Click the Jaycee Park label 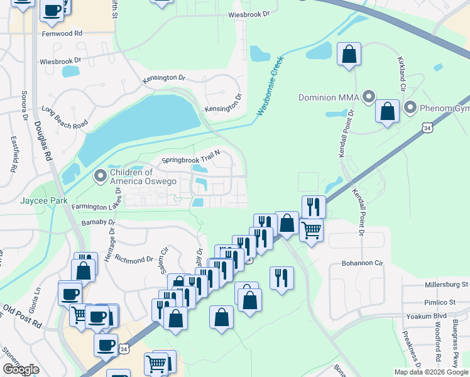click(x=43, y=201)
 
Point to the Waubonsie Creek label click(x=271, y=87)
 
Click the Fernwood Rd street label click(x=62, y=33)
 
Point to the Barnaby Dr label click(x=99, y=222)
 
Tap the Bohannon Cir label click(x=361, y=264)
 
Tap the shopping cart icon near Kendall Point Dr click(x=311, y=231)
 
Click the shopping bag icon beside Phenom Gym click(x=388, y=111)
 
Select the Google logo click(x=21, y=369)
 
